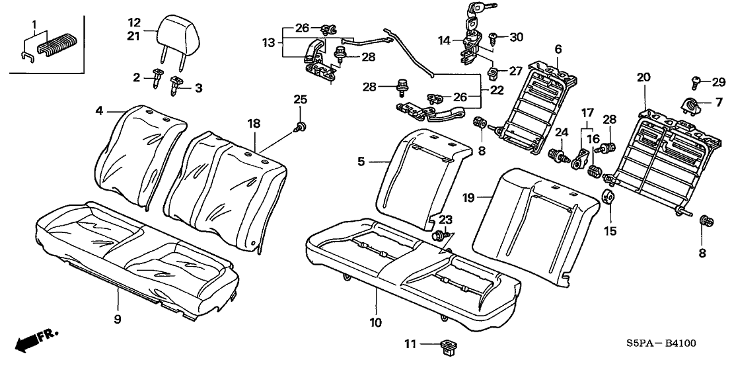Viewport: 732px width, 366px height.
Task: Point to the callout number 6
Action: [x=558, y=48]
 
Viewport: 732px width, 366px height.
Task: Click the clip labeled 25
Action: [x=302, y=127]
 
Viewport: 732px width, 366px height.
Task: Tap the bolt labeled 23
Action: [x=437, y=234]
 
